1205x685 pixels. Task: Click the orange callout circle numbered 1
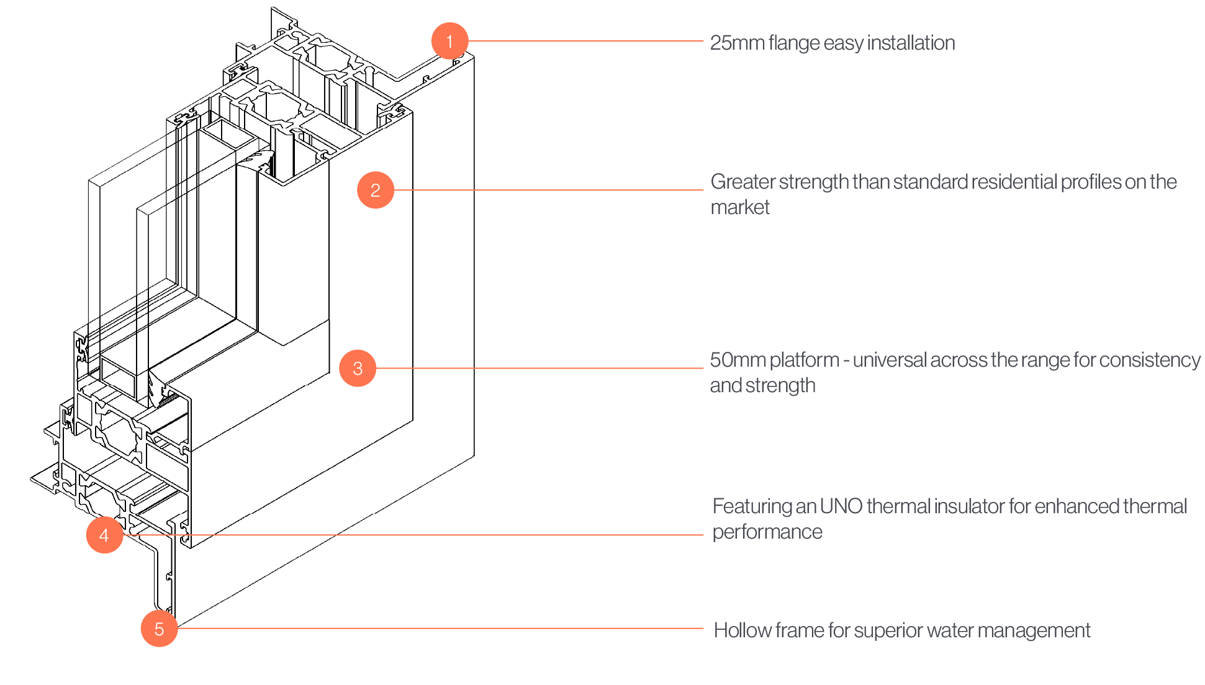(449, 41)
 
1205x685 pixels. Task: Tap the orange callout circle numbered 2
(376, 190)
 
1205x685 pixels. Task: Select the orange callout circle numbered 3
(358, 368)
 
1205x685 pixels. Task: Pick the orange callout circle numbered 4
(104, 535)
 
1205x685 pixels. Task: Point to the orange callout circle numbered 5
(160, 629)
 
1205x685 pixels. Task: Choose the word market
(740, 207)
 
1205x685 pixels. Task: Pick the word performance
(767, 532)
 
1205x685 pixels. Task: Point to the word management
(1049, 631)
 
